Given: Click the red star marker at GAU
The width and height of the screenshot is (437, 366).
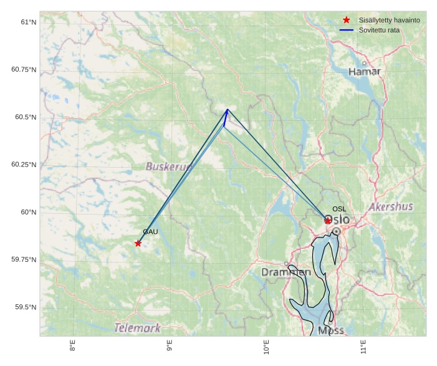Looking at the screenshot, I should [138, 243].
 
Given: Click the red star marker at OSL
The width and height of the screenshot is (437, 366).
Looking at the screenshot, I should [328, 220].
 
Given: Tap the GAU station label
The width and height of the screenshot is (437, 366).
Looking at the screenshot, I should [150, 232].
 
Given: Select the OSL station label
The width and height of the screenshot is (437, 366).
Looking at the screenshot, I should [339, 209].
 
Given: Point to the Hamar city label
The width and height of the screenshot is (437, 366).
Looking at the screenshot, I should [365, 72].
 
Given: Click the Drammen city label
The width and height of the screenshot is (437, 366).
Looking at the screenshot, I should [286, 272].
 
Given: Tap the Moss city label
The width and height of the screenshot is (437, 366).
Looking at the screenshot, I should [330, 330].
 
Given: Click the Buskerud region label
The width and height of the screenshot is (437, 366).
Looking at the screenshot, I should [169, 166].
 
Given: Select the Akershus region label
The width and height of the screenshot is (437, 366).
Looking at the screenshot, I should [391, 206].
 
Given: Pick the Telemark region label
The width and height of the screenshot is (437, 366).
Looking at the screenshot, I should [137, 328].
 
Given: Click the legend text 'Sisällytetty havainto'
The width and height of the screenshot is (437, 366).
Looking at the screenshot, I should [389, 20].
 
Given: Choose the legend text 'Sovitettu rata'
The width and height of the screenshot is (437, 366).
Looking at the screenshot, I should [379, 30].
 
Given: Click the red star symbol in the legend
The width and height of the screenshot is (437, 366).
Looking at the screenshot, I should [347, 20].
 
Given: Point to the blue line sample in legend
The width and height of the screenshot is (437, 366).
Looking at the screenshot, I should [347, 30].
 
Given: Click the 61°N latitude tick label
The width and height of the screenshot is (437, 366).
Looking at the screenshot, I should [29, 22].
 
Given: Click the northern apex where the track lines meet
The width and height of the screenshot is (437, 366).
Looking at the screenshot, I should [228, 110].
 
